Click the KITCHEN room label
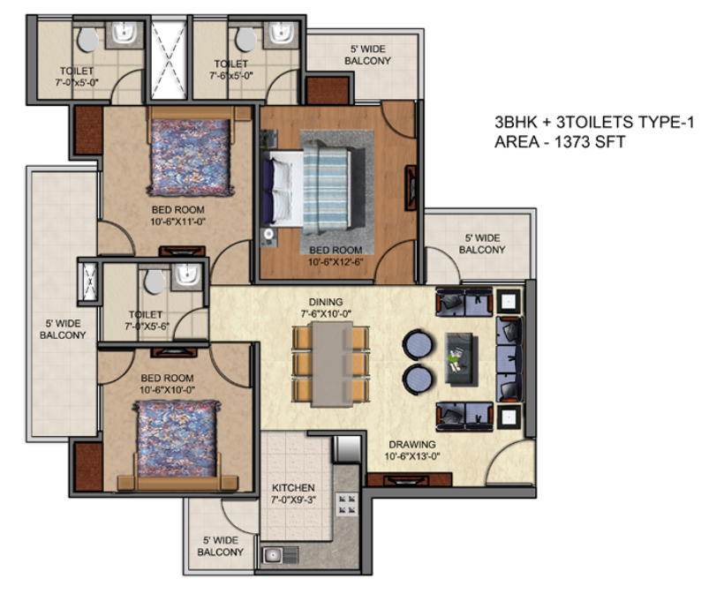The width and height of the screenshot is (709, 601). point(293,488)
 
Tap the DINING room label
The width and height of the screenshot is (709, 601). point(326,302)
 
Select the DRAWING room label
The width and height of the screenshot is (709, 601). point(412,445)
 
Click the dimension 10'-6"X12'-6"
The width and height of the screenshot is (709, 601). point(336,262)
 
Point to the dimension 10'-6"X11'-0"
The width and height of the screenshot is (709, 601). point(177,222)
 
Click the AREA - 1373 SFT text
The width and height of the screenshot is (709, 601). point(560,142)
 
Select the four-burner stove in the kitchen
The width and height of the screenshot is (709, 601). point(347,505)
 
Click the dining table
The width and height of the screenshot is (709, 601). point(330,364)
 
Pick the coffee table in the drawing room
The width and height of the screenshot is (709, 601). point(461,359)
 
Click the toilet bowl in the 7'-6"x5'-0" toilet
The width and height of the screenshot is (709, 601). point(246,40)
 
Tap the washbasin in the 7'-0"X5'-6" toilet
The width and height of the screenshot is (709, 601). point(188,274)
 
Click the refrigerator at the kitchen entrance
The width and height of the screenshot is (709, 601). point(347,449)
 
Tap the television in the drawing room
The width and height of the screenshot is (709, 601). point(410,479)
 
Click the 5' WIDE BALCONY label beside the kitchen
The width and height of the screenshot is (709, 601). point(220,546)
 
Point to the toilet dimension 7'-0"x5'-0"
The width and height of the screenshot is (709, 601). point(77,83)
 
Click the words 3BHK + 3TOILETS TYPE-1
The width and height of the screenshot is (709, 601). point(594,122)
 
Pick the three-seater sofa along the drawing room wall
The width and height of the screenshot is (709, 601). point(509,359)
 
